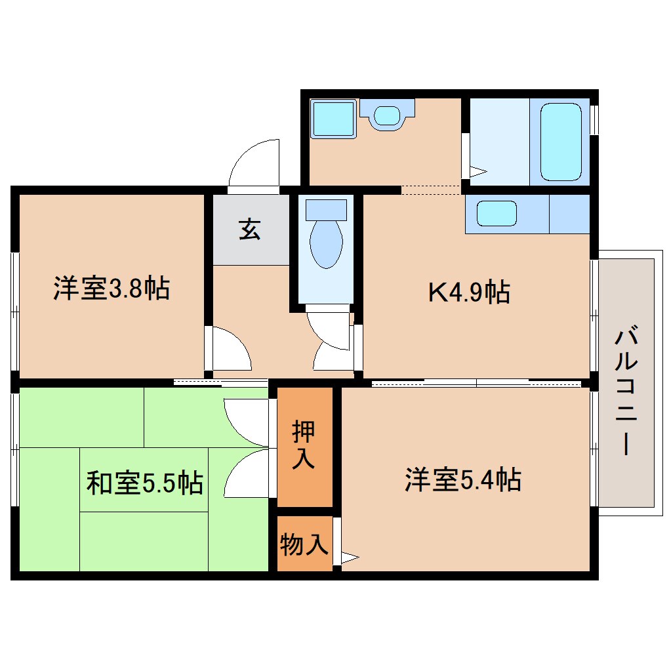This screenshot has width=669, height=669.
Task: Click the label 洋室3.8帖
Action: point(111,289)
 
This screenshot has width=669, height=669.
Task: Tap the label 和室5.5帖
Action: point(144,483)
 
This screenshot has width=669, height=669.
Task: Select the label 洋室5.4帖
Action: point(462,480)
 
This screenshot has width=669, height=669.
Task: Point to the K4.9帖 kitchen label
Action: point(469,292)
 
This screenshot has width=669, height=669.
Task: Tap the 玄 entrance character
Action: point(250,230)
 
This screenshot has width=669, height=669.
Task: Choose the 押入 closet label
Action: point(304,445)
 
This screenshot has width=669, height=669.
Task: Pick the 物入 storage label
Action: point(304,544)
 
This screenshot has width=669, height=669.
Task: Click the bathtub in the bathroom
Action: point(561,141)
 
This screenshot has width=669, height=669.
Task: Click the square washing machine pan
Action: point(333,119)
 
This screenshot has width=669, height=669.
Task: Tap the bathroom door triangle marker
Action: point(477,172)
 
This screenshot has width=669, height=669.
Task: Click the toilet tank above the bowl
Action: point(326,209)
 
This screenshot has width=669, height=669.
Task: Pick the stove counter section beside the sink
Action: point(569,214)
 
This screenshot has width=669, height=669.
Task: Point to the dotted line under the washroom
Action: point(430,190)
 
